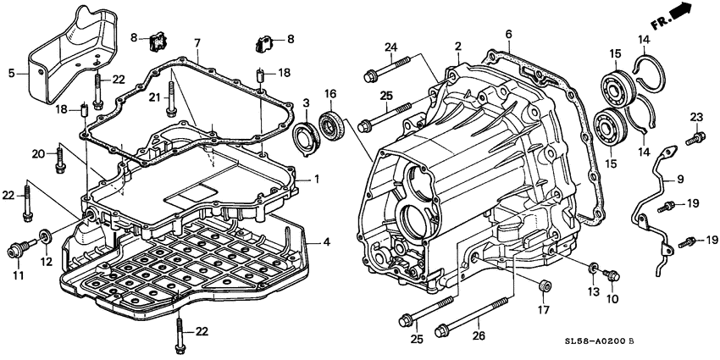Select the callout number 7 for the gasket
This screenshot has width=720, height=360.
click(x=197, y=44)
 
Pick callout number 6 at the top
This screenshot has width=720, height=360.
click(x=509, y=34)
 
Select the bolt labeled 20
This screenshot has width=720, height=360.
click(x=59, y=159)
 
